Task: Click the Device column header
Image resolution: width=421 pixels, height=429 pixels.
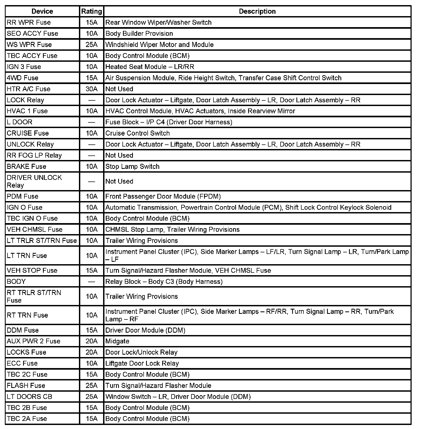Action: pos(42,11)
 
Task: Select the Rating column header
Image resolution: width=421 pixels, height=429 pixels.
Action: pos(92,11)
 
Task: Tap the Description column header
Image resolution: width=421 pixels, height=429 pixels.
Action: pos(257,11)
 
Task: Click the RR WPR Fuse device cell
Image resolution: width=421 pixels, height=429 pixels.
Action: pos(29,22)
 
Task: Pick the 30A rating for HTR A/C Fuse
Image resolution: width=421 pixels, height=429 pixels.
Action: pos(92,89)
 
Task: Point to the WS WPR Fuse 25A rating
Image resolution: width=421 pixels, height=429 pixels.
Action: pos(92,45)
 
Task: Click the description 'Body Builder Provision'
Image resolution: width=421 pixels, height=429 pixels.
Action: pos(139,34)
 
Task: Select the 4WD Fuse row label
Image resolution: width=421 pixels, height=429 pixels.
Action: pos(23,78)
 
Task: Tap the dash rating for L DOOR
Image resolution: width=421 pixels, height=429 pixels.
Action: pos(92,122)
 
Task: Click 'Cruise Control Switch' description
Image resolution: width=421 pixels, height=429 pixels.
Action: pos(137,133)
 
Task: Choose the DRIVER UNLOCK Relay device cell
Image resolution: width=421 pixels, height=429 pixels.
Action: pos(34,181)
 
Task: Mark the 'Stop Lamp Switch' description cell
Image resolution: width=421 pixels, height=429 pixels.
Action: pos(132,166)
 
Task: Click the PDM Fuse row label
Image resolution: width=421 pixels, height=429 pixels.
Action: pos(23,196)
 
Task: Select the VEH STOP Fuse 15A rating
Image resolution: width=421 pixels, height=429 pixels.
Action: pos(92,270)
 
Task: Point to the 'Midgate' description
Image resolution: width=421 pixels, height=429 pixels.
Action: pos(117,341)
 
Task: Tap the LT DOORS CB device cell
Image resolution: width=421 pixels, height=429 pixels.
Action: pos(30,397)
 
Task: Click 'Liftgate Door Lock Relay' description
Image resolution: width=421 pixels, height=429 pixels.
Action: pos(142,363)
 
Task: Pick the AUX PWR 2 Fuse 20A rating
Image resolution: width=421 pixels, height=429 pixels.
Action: pos(92,341)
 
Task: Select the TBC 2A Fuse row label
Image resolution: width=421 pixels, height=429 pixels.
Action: pos(27,419)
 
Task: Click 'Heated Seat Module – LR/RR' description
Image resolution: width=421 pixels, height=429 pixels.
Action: pos(150,67)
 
